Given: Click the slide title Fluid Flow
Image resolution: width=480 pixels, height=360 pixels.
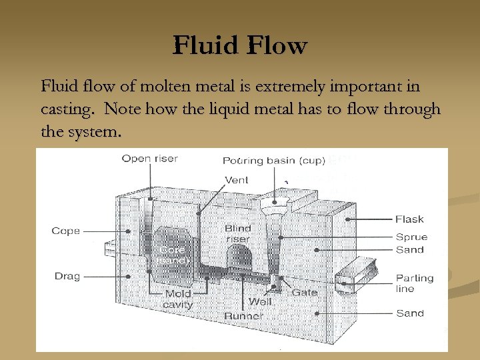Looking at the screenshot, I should coord(240,46).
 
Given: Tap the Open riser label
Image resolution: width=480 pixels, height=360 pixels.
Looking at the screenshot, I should coord(150,159).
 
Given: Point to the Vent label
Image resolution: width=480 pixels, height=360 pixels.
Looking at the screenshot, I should coord(237,180).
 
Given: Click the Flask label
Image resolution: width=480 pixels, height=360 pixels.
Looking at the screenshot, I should coord(409,219).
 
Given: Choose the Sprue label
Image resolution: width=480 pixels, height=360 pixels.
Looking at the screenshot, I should coord(411,237).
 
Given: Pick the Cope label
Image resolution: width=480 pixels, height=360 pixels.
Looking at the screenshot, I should coord(66,231).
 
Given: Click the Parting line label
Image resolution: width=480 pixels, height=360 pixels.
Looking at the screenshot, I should coord(415,283).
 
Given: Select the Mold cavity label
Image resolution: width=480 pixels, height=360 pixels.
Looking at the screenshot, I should coord(177,299).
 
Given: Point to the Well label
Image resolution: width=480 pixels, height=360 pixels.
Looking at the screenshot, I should coord(260,302).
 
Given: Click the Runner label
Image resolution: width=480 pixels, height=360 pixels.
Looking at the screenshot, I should coord(243,315).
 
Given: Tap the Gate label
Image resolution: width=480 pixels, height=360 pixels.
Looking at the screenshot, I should coord(304,293).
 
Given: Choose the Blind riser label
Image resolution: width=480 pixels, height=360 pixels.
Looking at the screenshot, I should coord(238,233).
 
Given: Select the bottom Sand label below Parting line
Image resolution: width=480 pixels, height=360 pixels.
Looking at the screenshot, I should coord(409,313).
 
